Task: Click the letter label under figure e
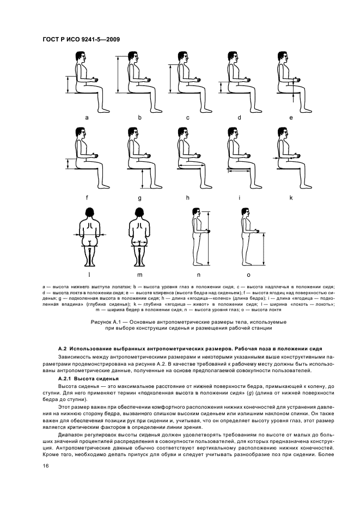pos(291,117)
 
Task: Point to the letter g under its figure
pos(139,197)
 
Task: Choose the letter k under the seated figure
pos(291,197)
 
